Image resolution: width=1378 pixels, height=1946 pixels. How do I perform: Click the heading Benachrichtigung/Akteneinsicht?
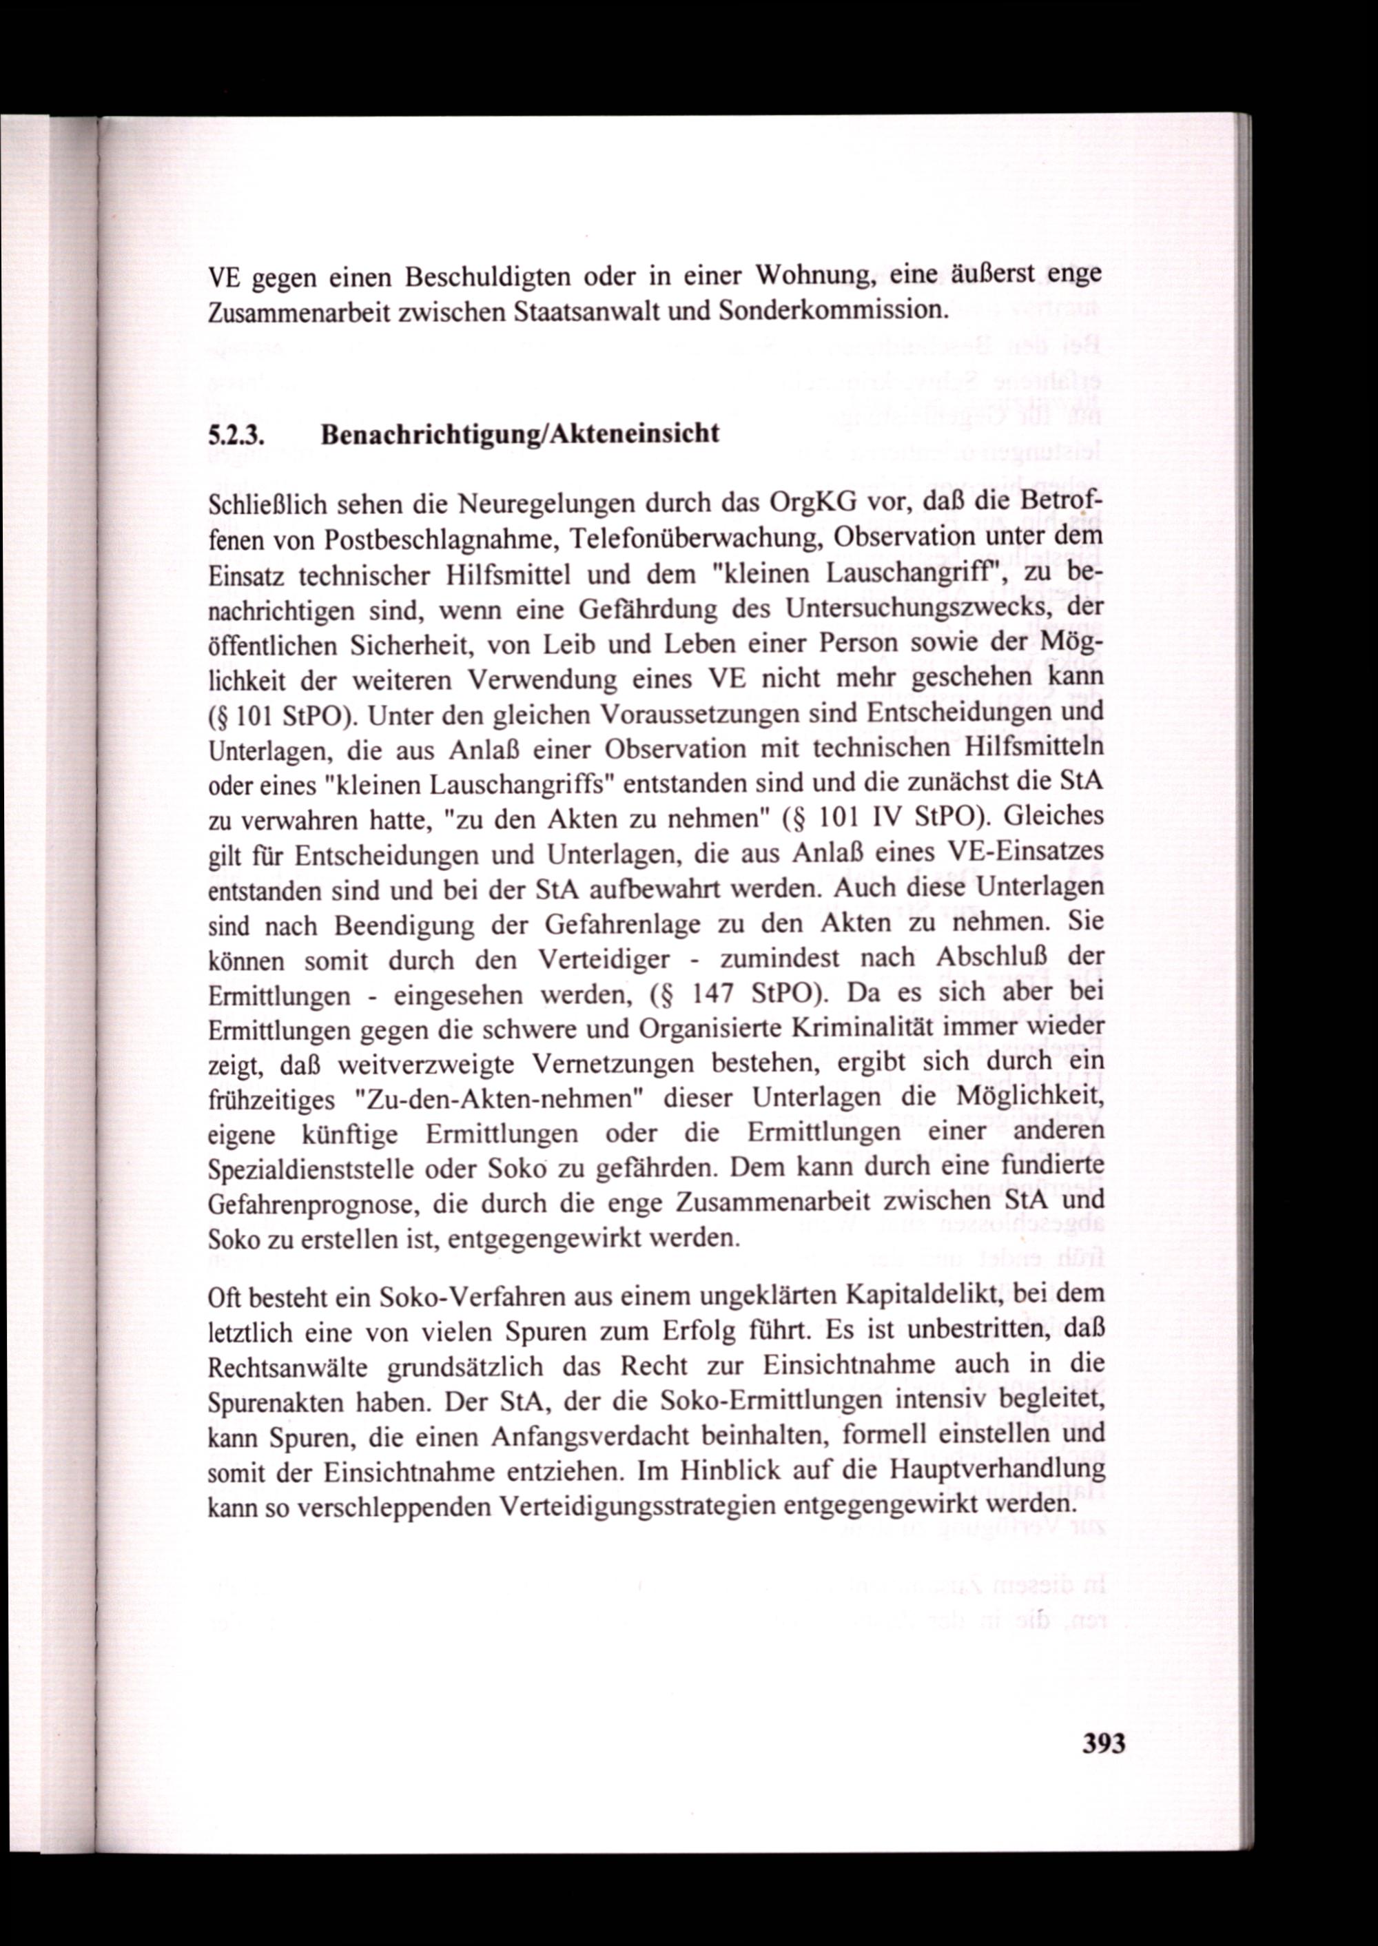(520, 435)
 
